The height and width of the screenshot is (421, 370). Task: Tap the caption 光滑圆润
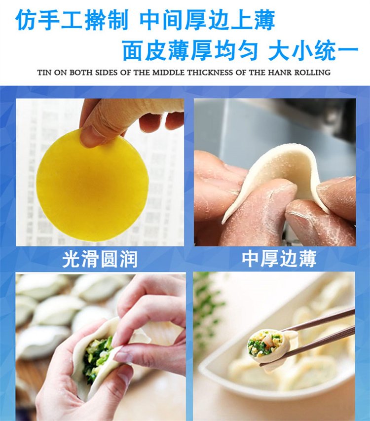[x=99, y=259]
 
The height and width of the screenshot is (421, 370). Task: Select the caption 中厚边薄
[x=279, y=259]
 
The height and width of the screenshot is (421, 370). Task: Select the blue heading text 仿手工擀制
[x=72, y=21]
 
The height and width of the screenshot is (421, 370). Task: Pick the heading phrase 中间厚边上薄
[x=207, y=21]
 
